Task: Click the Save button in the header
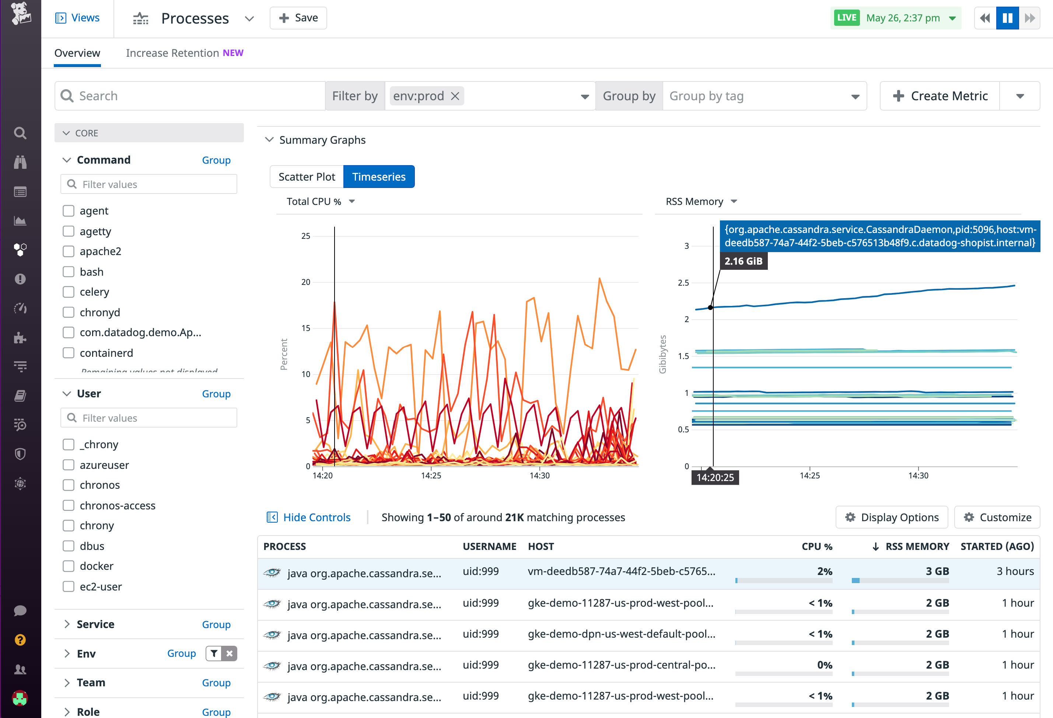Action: tap(298, 18)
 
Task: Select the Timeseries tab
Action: tap(379, 177)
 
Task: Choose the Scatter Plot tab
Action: tap(307, 177)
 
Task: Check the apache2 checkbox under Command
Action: tap(69, 252)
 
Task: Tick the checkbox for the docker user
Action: tap(69, 566)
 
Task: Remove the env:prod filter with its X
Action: tap(455, 96)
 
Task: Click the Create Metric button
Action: tap(940, 96)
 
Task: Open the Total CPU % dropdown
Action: tap(320, 202)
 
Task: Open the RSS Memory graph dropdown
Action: tap(701, 202)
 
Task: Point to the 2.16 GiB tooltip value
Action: tap(743, 261)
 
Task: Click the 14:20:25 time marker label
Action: tap(715, 477)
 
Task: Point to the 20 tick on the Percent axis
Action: tap(306, 282)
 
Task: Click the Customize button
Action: tap(997, 517)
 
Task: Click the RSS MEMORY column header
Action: tap(917, 546)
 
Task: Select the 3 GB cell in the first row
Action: tap(937, 571)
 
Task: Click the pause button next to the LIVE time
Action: tap(1007, 18)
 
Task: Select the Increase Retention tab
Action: tap(185, 53)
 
